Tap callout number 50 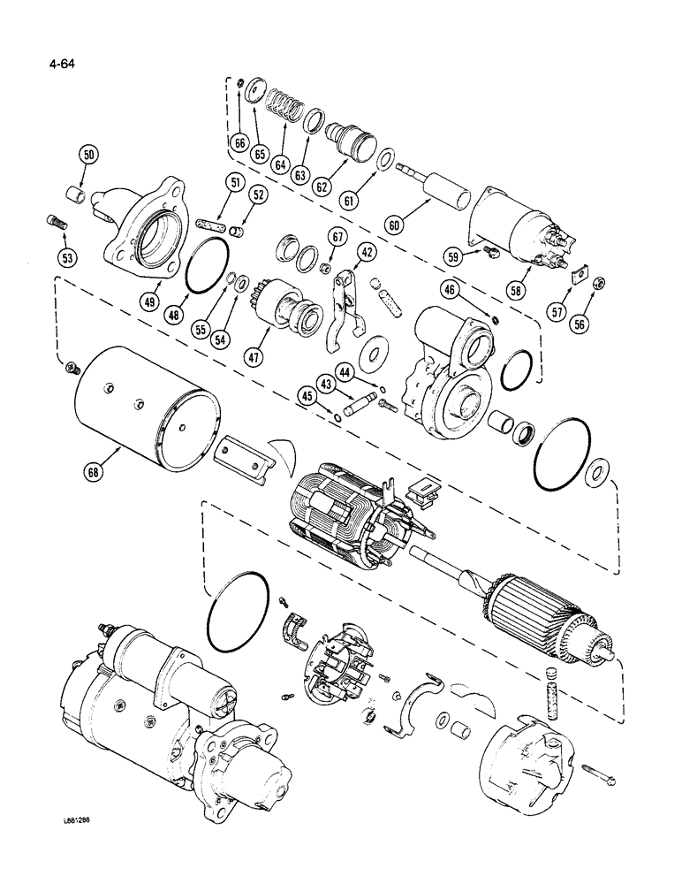click(89, 156)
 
